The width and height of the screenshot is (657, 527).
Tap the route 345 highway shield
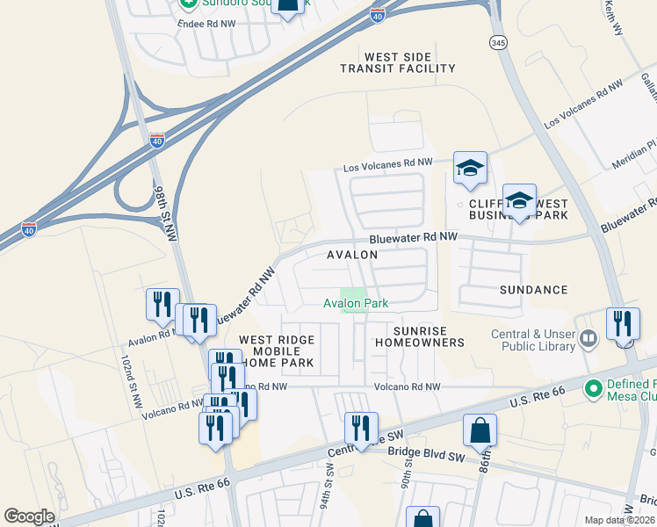497,42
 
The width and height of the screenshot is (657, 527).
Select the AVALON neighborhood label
352,255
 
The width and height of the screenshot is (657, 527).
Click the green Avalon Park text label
356,303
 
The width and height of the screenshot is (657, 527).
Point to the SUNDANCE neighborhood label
533,289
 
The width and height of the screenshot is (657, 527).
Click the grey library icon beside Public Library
589,337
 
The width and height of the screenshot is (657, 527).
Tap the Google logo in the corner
29,516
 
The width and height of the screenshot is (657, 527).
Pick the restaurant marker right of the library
624,324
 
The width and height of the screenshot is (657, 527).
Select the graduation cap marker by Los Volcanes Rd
470,168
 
